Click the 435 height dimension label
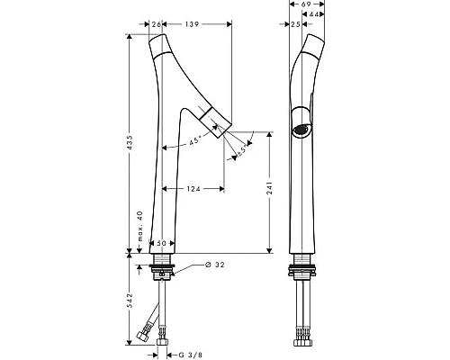pos(130,143)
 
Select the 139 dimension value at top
pos(192,24)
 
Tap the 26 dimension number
pos(157,24)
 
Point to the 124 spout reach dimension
pos(193,189)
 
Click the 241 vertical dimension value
pos(269,188)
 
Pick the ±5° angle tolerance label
pos(241,150)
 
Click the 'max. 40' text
pos(139,226)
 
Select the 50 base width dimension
pos(161,243)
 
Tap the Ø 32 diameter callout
pos(215,265)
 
